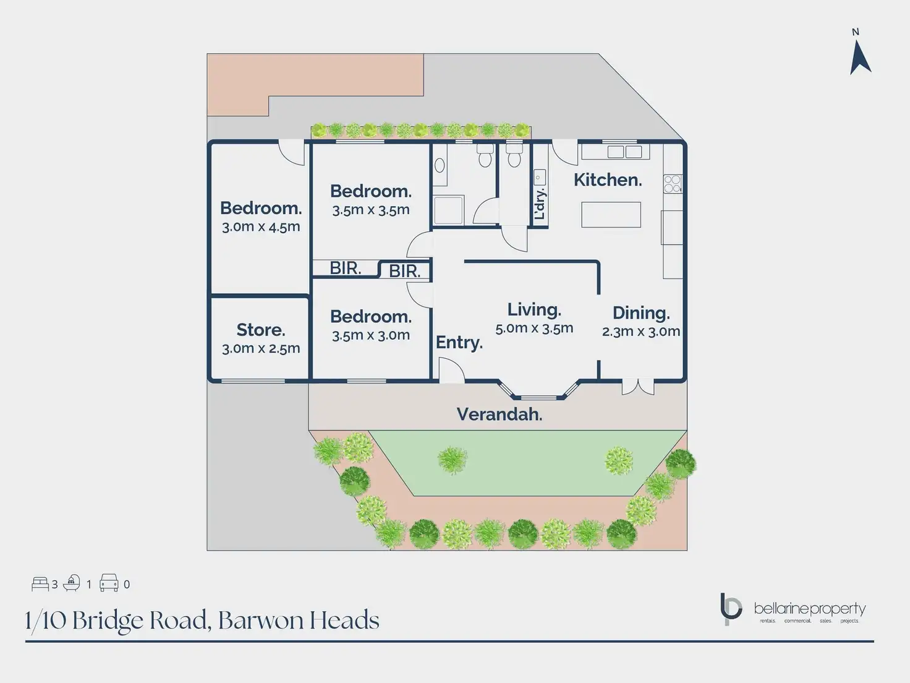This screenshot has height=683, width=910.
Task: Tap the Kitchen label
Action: click(x=608, y=180)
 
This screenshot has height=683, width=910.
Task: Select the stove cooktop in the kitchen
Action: click(x=672, y=183)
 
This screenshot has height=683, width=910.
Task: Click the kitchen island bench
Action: click(x=611, y=215)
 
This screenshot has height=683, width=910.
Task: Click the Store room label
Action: click(x=260, y=330)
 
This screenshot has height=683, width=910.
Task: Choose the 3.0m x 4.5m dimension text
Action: click(x=261, y=227)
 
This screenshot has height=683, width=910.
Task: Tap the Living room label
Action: click(x=534, y=309)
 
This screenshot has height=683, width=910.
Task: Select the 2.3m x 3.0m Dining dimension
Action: click(x=641, y=332)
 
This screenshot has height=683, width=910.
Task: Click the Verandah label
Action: click(x=500, y=414)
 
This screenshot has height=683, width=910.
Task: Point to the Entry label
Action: click(x=459, y=343)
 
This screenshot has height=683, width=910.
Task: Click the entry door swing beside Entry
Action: click(x=451, y=371)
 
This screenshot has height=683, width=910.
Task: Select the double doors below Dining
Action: click(x=638, y=387)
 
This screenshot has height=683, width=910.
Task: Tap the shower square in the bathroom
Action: click(x=448, y=210)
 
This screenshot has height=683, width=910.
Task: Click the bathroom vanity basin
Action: click(x=440, y=165)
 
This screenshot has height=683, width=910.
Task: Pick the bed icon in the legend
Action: click(x=40, y=583)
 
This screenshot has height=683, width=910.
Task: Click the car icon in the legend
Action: click(x=109, y=583)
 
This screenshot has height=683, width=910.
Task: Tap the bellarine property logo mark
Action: click(x=731, y=609)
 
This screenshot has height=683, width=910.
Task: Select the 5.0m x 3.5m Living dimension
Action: click(x=534, y=329)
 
